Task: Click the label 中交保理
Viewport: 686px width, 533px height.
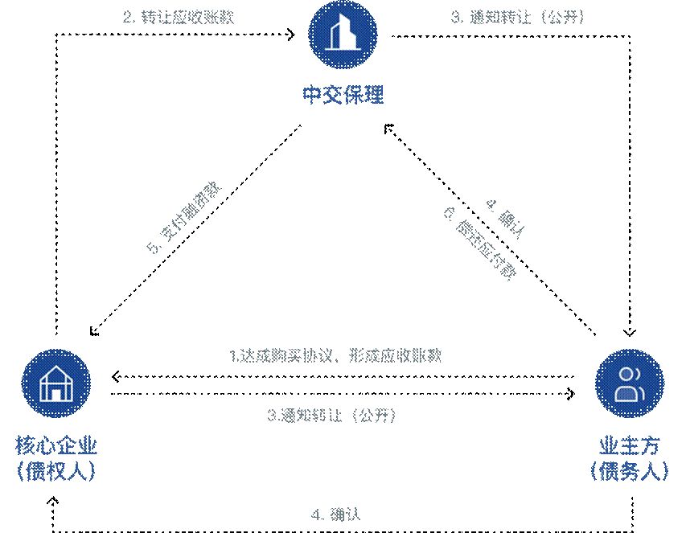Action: pyautogui.click(x=343, y=96)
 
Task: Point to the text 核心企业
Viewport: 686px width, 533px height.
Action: pyautogui.click(x=55, y=446)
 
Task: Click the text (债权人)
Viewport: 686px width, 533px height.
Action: pyautogui.click(x=55, y=471)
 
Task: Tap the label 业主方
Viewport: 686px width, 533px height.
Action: pyautogui.click(x=629, y=446)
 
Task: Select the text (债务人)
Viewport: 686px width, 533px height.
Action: pyautogui.click(x=629, y=471)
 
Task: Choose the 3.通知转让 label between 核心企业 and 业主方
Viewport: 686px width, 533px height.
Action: pyautogui.click(x=331, y=416)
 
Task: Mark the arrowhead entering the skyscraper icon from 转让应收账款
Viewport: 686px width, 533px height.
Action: pyautogui.click(x=294, y=35)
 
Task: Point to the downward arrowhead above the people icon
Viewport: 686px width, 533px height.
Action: pyautogui.click(x=630, y=331)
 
